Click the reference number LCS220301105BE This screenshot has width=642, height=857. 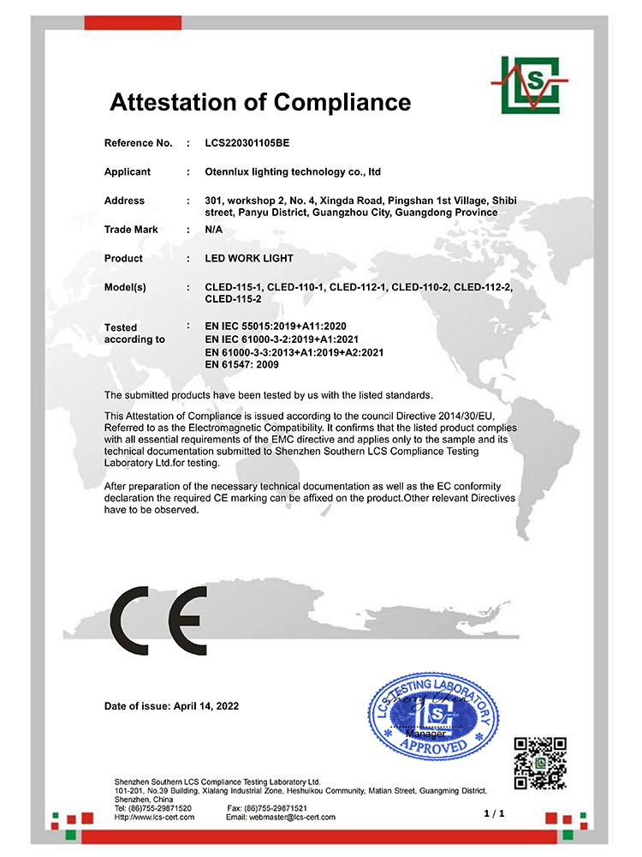click(253, 142)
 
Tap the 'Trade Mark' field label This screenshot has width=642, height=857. click(131, 230)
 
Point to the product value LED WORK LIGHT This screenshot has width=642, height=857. click(249, 258)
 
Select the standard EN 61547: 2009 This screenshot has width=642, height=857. click(242, 364)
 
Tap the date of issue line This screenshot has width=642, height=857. click(171, 706)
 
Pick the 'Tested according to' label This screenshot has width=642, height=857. click(134, 333)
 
